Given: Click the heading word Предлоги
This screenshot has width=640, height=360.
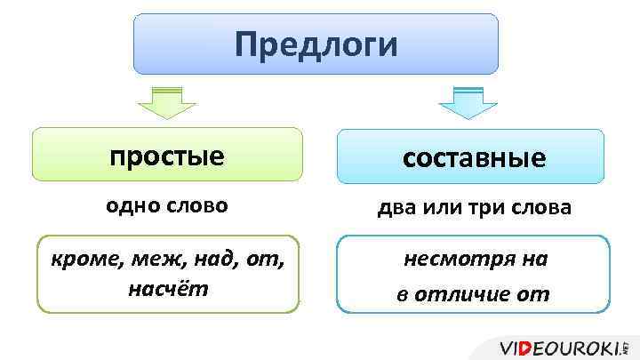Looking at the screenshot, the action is pos(316,44).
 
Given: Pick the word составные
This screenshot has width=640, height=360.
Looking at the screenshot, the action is pos(474,157).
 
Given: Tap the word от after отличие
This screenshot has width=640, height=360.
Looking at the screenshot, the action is pos(537,293).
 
